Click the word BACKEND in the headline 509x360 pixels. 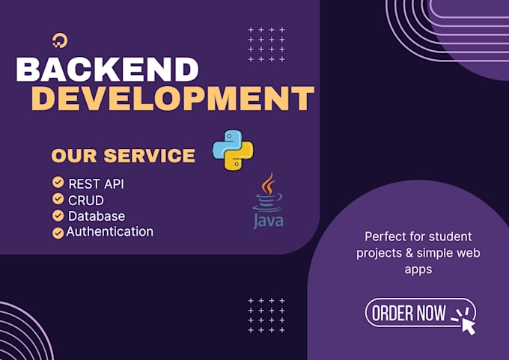tap(107, 70)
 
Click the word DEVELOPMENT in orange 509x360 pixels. tap(173, 98)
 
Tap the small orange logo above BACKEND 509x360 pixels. tap(60, 40)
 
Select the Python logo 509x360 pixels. tap(233, 150)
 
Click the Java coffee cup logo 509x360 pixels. tap(268, 192)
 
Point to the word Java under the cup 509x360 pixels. tap(268, 221)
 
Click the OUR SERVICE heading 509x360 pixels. tap(124, 156)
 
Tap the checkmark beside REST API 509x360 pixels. tap(58, 183)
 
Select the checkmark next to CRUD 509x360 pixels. tap(58, 198)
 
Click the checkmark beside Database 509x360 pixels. tap(58, 216)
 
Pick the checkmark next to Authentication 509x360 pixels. tap(58, 233)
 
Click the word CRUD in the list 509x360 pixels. tap(86, 201)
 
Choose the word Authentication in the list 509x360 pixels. tap(110, 232)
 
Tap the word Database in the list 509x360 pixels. tap(97, 216)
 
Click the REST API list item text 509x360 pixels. tap(96, 184)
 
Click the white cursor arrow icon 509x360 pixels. tap(469, 326)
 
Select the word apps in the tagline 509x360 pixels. tap(418, 270)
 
